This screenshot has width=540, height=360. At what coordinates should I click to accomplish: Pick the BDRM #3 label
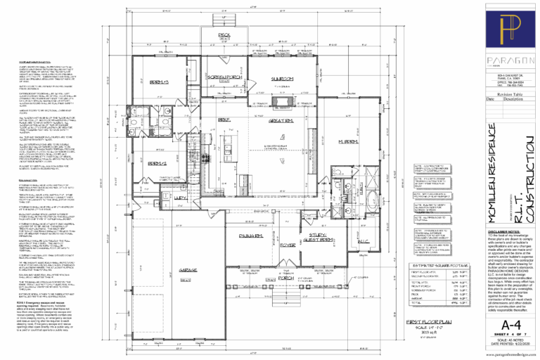tap(162, 84)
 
